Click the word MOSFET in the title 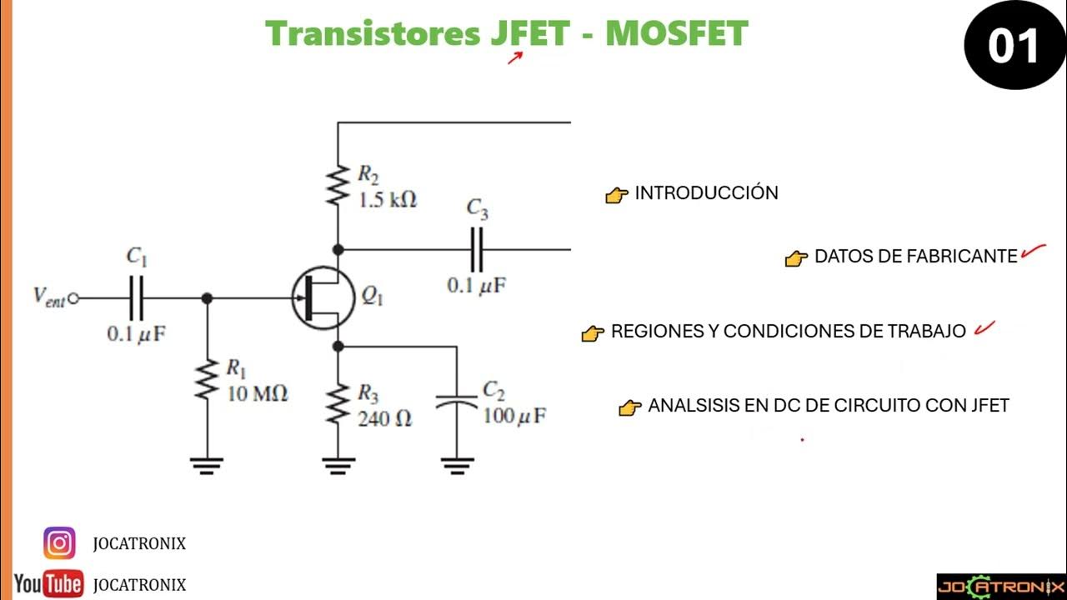tap(676, 33)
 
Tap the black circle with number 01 tap(1013, 47)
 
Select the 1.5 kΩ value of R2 tap(387, 200)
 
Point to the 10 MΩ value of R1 tap(258, 393)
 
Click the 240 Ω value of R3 tap(384, 418)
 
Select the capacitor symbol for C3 tap(477, 248)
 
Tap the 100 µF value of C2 tap(514, 415)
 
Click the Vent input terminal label tap(48, 297)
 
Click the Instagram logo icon tap(59, 543)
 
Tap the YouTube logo tap(48, 584)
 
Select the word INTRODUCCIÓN tap(706, 193)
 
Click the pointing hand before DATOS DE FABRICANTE tap(797, 258)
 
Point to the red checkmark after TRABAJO tap(984, 328)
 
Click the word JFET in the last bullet tap(990, 406)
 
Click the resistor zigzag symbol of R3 tap(338, 404)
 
